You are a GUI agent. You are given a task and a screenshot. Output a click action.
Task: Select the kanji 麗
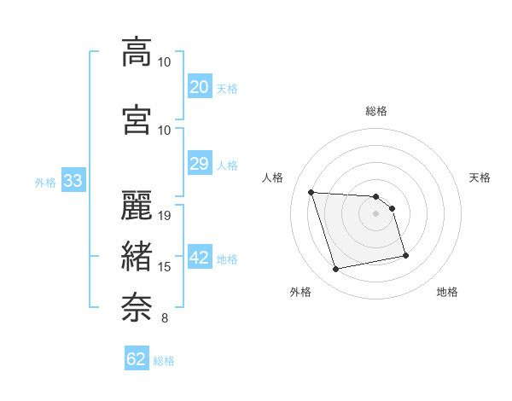pos(137,204)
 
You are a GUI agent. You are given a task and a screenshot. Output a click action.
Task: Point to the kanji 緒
pos(137,255)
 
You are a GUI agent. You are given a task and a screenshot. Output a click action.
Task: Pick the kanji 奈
pos(137,305)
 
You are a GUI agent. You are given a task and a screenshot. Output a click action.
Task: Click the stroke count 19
pos(166,215)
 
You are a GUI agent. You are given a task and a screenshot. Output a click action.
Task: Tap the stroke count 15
pos(166,267)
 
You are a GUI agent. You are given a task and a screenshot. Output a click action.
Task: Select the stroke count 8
pos(164,318)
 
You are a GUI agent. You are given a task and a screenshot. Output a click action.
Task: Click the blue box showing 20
pos(200,87)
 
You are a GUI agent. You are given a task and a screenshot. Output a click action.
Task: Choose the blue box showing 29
pos(200,164)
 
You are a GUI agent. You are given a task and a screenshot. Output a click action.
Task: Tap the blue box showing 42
pos(200,259)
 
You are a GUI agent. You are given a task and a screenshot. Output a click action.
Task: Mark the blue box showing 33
pos(72,181)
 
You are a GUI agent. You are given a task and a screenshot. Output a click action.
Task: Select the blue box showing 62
pos(137,359)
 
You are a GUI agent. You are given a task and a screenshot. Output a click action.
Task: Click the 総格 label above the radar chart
pos(375,111)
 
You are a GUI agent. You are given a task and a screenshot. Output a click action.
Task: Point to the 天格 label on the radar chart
pos(480,177)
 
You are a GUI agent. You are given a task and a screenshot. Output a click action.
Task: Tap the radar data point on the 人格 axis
pos(311,192)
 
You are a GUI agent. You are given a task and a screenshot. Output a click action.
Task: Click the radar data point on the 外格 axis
pos(336,270)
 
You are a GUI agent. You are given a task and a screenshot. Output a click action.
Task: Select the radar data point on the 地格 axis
pos(405,255)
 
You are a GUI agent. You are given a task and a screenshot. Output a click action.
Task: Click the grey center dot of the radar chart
pos(375,213)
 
